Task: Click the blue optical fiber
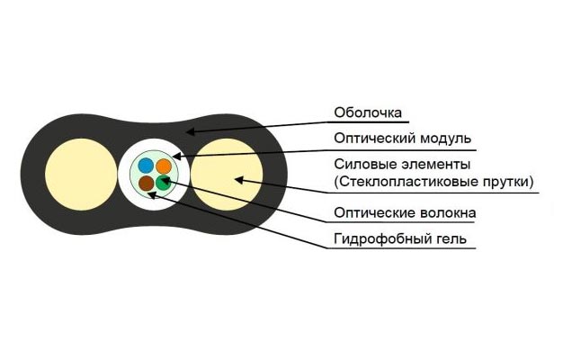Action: pyautogui.click(x=146, y=166)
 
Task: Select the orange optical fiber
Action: pyautogui.click(x=164, y=166)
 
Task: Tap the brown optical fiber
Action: pyautogui.click(x=146, y=184)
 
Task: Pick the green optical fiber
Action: pyautogui.click(x=163, y=183)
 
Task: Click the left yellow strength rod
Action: pyautogui.click(x=81, y=175)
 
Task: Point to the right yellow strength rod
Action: pyautogui.click(x=227, y=175)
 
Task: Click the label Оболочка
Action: pyautogui.click(x=368, y=112)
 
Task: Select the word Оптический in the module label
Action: pyautogui.click(x=374, y=139)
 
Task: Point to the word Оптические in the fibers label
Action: pyautogui.click(x=374, y=212)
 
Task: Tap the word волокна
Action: pyautogui.click(x=448, y=212)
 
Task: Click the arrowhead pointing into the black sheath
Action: pyautogui.click(x=191, y=131)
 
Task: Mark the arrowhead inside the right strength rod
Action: pyautogui.click(x=239, y=180)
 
